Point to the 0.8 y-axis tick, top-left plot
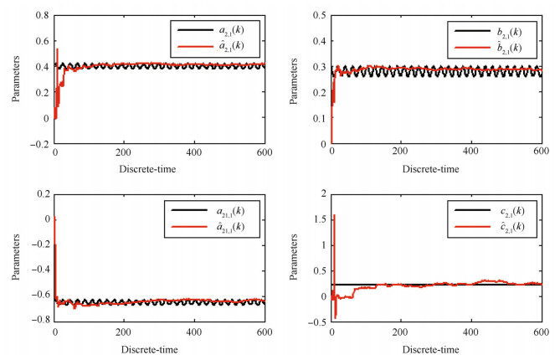(40, 13)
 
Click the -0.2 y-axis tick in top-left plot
(38, 144)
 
